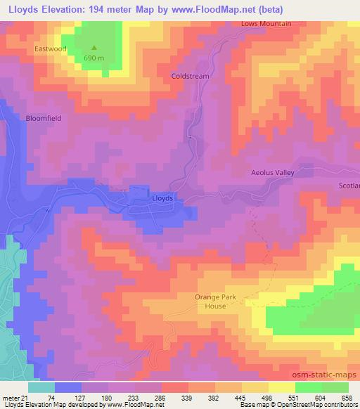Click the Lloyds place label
[x=162, y=199]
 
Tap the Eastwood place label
[x=49, y=50]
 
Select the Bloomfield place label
[x=44, y=119]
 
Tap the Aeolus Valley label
[x=272, y=172]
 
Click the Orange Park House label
[x=210, y=301]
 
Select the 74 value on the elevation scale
[x=51, y=397]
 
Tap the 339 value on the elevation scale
[x=200, y=397]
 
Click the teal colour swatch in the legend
[x=41, y=387]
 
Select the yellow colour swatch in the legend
[x=281, y=387]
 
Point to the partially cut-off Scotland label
[x=349, y=186]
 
